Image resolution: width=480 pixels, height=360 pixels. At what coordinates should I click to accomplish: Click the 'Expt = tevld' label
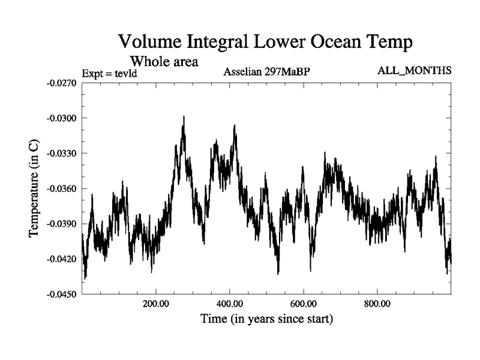[110, 74]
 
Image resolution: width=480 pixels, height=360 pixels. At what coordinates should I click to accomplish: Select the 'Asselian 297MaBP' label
[266, 73]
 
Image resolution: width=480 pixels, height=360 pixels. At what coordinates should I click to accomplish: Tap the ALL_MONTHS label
[414, 71]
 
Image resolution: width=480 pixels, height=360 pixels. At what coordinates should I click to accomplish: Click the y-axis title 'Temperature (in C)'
[34, 189]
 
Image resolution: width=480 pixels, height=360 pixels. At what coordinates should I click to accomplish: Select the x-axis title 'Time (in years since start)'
[266, 319]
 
